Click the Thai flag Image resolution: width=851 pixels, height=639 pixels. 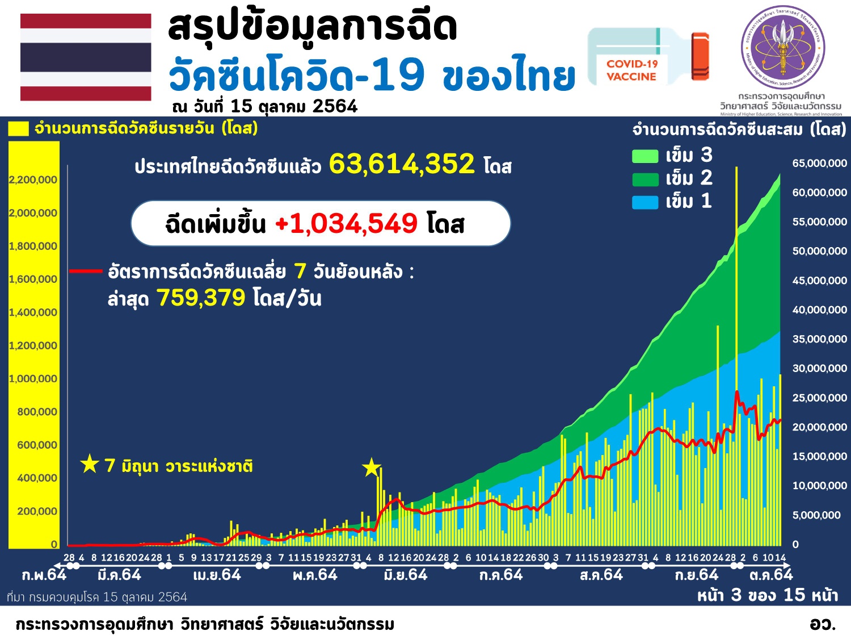86,57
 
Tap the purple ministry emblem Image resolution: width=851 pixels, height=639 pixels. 783,47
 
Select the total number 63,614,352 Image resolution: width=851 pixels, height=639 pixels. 402,164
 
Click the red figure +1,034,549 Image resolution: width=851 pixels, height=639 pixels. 347,223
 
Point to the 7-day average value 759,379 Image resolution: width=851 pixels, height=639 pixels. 201,298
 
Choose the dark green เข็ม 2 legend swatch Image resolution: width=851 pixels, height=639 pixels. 645,179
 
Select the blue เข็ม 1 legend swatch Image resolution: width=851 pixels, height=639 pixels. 645,202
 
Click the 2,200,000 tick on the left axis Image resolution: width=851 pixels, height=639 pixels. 33,180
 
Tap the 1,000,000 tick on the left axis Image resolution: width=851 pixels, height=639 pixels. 33,379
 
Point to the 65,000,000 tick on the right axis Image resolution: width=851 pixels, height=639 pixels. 819,164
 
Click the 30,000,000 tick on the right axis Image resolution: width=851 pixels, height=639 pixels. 819,369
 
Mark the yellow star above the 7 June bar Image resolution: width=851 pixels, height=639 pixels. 371,468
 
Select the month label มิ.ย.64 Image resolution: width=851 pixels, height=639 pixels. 405,575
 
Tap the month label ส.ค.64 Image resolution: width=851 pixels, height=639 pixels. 601,575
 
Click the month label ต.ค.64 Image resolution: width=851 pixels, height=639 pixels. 770,575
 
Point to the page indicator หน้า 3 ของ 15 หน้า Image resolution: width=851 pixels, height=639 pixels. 767,595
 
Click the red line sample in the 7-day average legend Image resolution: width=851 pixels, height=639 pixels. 85,272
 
